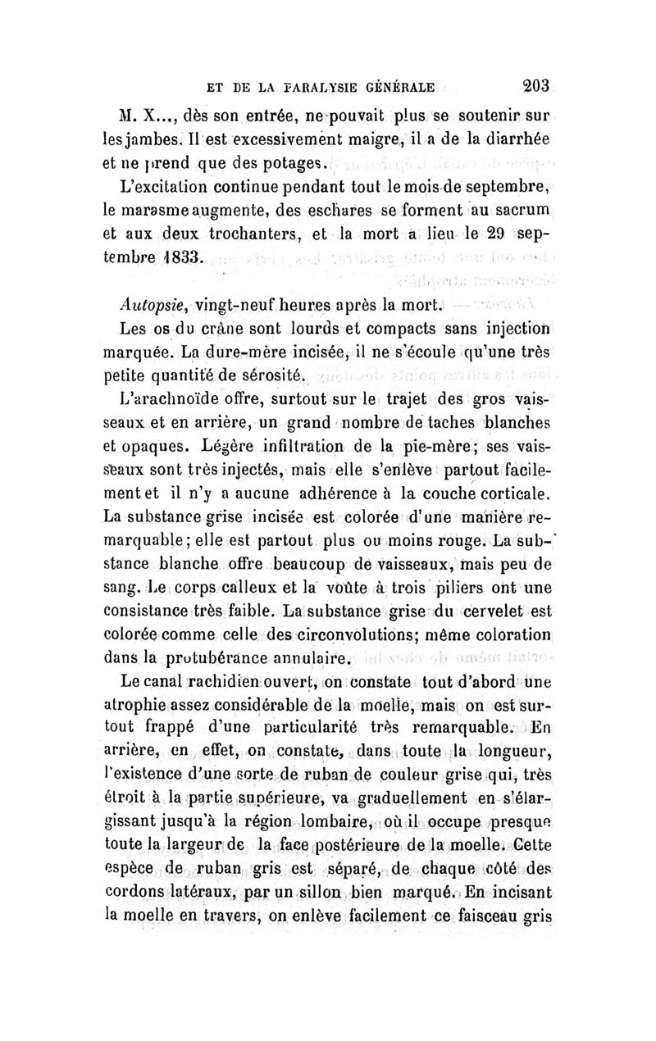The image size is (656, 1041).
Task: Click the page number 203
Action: (x=536, y=84)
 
